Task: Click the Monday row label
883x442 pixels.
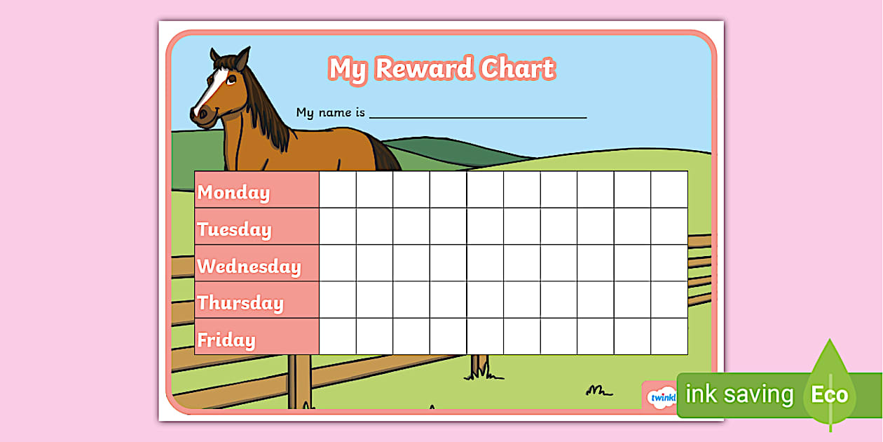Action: (x=233, y=192)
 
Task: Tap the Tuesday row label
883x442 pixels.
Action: (x=234, y=229)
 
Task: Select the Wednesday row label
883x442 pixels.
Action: (x=249, y=267)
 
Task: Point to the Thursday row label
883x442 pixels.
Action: (x=240, y=303)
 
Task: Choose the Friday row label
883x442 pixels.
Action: (x=226, y=340)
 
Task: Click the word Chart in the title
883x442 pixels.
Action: (x=518, y=69)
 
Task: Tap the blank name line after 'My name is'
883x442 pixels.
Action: (x=478, y=114)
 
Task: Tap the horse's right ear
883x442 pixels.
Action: (x=242, y=58)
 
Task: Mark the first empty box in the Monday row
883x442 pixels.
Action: (x=338, y=189)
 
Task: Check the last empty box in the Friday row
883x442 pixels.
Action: (x=669, y=337)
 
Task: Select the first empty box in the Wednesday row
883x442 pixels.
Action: (x=338, y=263)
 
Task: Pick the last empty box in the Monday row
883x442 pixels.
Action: (x=669, y=189)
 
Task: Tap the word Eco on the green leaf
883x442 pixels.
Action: (x=830, y=394)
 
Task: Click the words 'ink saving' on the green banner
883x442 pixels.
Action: (x=739, y=394)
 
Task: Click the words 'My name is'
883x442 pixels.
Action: (x=330, y=112)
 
